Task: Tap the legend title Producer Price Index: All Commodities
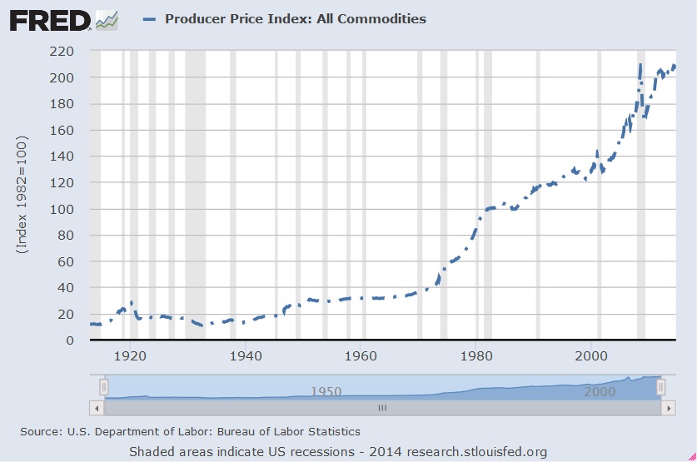coord(296,18)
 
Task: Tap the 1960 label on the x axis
coord(361,354)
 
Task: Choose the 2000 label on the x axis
coord(592,354)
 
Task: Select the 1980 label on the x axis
coord(476,354)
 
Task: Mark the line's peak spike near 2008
coord(640,64)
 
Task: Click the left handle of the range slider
coord(103,387)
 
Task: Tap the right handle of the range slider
coord(660,387)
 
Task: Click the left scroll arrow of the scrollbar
coord(97,409)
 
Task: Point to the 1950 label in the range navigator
coord(326,391)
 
